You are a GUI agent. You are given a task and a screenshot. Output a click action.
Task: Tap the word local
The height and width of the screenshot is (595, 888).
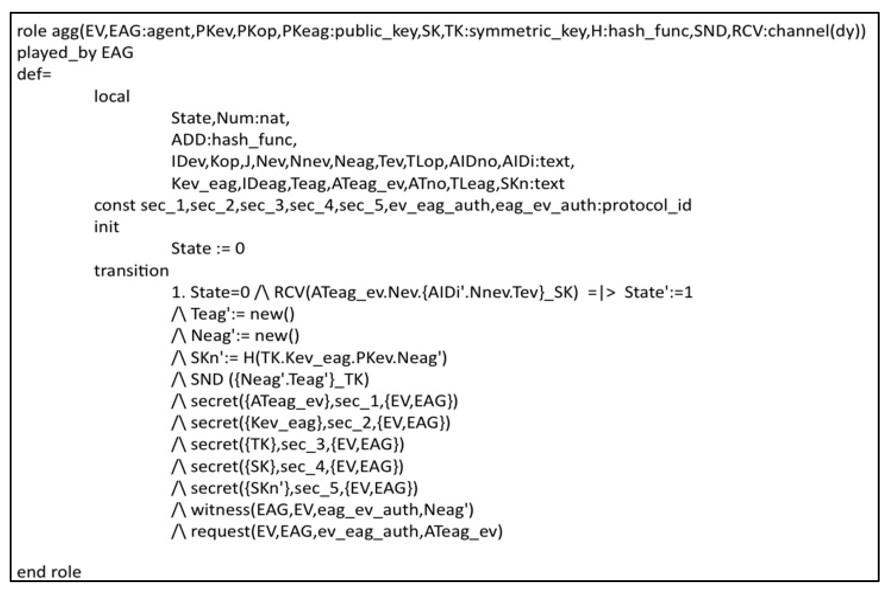[x=112, y=96]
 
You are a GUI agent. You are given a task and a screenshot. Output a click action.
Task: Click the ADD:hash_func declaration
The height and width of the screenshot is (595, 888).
[x=234, y=140]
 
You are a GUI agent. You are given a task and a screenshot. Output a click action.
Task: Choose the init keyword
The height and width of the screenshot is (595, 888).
[x=106, y=227]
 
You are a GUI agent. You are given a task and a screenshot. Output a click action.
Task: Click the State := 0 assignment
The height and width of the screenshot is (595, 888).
[x=208, y=249]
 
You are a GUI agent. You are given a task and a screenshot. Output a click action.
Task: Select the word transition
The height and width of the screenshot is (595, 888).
[x=131, y=270]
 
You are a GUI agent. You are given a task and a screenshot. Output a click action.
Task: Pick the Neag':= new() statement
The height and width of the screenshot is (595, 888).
[x=245, y=336]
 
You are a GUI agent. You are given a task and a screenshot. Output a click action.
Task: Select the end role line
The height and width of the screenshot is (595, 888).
[x=49, y=572]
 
